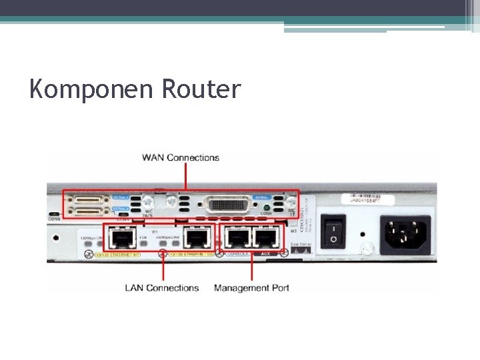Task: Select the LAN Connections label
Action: pyautogui.click(x=162, y=288)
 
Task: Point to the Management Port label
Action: pyautogui.click(x=251, y=288)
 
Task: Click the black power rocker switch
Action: pyautogui.click(x=333, y=230)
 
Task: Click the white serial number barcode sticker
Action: pyautogui.click(x=373, y=199)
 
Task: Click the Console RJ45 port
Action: pyautogui.click(x=237, y=237)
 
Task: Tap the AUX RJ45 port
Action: pyautogui.click(x=266, y=237)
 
